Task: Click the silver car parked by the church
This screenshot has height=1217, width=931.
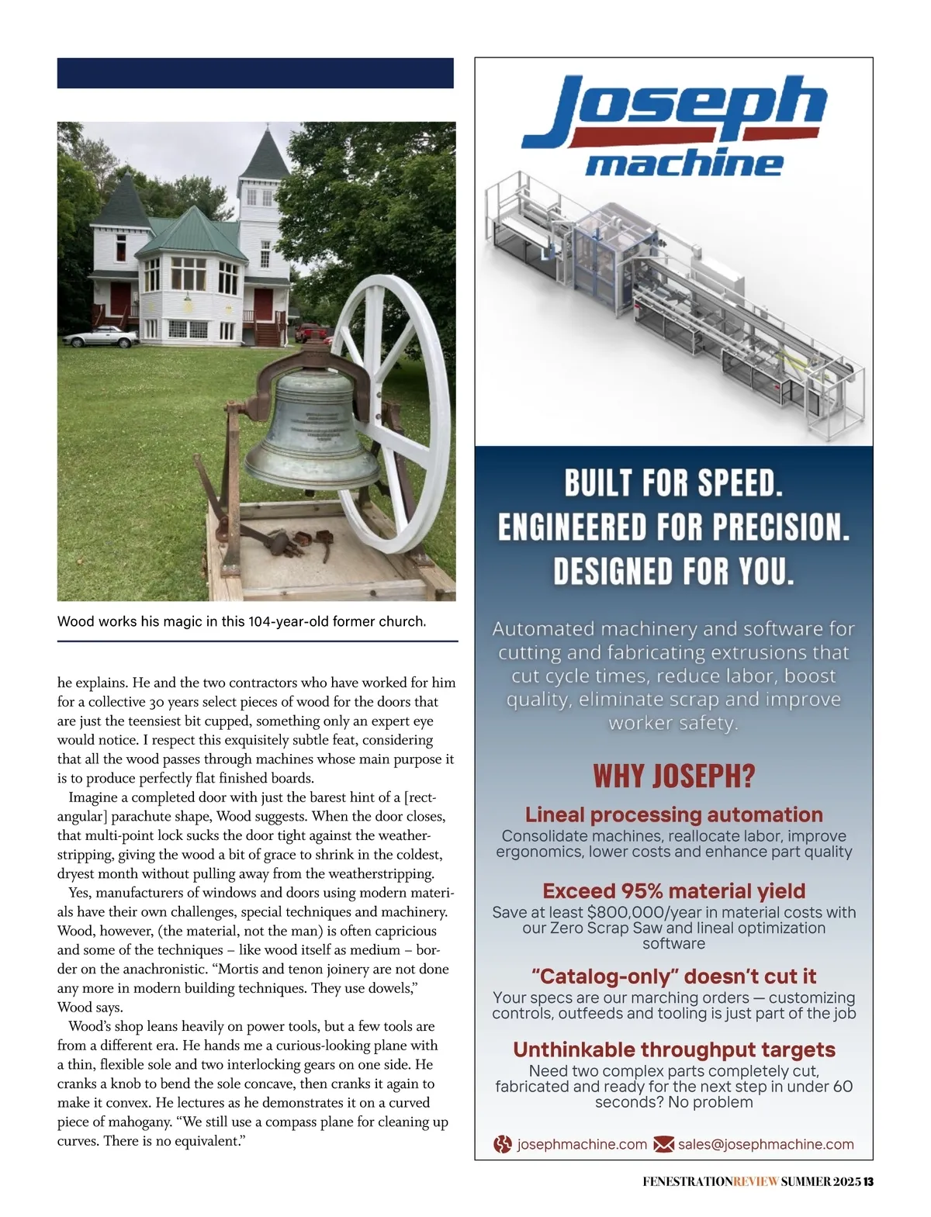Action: (x=99, y=337)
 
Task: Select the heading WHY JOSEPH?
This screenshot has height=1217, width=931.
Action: (x=673, y=776)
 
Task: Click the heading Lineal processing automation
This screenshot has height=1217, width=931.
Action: (x=673, y=814)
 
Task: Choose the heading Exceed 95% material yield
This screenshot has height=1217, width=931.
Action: (x=673, y=890)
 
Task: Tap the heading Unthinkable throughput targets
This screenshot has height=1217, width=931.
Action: (x=673, y=1049)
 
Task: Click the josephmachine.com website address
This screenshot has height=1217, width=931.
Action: (x=582, y=1144)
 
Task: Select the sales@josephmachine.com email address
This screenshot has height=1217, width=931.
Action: (x=766, y=1144)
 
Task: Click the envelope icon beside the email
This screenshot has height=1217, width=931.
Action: (x=663, y=1144)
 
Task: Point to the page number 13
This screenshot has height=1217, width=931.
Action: (x=869, y=1182)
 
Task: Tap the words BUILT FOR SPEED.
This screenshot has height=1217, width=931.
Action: (x=673, y=483)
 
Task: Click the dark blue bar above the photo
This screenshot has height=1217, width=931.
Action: (x=255, y=73)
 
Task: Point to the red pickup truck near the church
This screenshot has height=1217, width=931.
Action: (x=312, y=332)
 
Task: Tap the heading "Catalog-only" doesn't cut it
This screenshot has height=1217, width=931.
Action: (x=673, y=976)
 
